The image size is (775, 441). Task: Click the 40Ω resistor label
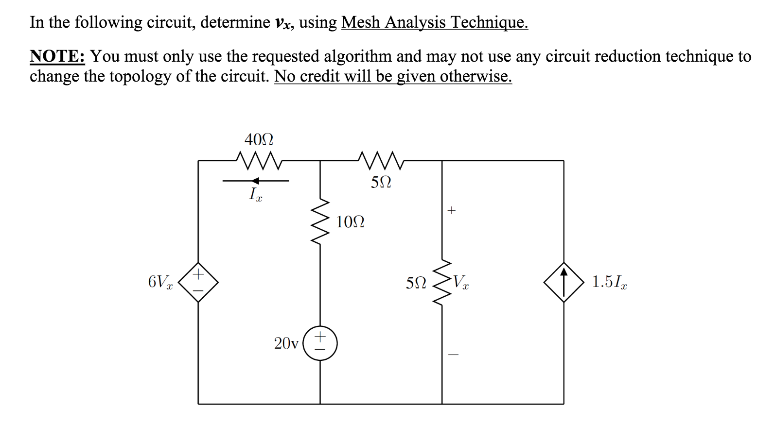pos(259,140)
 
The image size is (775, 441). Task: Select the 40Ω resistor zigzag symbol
pos(259,160)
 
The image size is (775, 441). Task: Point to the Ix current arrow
pos(256,181)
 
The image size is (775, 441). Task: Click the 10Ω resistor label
pos(350,222)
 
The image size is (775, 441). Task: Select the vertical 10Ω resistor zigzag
pos(320,223)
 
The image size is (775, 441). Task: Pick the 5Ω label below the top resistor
pos(381,183)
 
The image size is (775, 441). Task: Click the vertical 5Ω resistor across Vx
pos(442,282)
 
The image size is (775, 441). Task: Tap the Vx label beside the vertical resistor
pos(461,282)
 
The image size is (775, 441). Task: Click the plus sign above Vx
pos(452,210)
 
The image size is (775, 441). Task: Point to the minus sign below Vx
pos(453,355)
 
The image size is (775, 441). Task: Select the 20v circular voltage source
pos(320,343)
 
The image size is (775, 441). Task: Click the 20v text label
pos(286,344)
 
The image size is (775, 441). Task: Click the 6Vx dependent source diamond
pos(198,282)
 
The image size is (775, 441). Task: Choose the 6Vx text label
pos(160,282)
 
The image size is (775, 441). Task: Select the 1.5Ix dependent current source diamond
pos(564,282)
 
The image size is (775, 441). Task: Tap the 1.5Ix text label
pos(609,282)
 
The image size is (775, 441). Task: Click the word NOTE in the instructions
pos(57,56)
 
